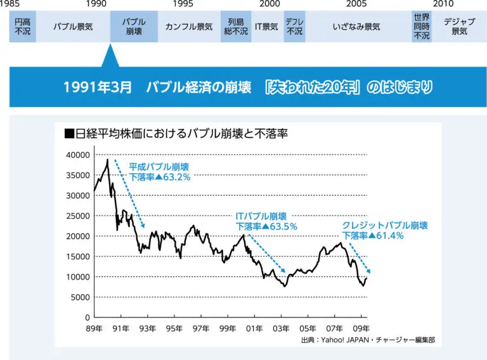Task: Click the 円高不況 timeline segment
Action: pos(22,27)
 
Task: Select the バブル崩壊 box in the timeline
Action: pos(134,27)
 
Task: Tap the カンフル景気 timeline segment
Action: pos(188,27)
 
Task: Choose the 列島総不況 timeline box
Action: pos(236,27)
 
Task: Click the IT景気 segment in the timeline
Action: pos(266,27)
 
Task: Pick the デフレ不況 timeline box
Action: pos(294,27)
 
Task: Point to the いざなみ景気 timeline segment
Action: pos(356,27)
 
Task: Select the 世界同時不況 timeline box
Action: pos(421,27)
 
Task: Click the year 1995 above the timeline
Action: pos(183,4)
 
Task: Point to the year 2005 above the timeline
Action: pos(356,4)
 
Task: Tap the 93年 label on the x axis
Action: pos(147,328)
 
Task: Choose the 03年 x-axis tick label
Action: pos(281,328)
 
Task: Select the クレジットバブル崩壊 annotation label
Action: pos(385,225)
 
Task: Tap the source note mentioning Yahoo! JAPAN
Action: pos(368,340)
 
